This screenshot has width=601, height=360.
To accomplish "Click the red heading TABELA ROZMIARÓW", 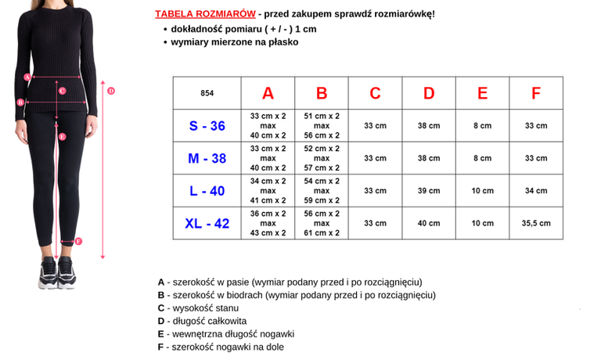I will point(205,14).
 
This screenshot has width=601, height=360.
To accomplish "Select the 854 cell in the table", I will point(207,93).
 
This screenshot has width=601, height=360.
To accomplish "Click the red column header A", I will point(268,93).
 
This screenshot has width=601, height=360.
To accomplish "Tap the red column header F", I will point(536,93).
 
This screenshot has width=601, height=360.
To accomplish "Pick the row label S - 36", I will point(207,125).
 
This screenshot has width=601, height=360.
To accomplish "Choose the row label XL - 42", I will point(207,223).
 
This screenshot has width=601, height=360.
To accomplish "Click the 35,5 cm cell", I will point(536,223).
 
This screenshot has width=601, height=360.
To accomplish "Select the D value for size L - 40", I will point(429,190).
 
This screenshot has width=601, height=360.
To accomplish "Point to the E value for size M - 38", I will point(482,158).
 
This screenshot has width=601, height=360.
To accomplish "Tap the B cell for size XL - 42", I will point(322,223).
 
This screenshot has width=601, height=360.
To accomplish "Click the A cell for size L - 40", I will point(268,190).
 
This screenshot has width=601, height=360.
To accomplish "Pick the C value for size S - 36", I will point(375,125).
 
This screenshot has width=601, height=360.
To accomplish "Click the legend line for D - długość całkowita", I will point(202,321).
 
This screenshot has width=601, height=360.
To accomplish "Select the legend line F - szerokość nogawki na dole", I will point(221,347).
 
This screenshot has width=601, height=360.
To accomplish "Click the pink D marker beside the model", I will point(111,91).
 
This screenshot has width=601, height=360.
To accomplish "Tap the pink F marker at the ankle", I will point(78,241).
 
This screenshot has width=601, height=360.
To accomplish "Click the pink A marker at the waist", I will point(27,77).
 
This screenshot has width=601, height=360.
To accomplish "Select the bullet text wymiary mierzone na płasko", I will point(235,41).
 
